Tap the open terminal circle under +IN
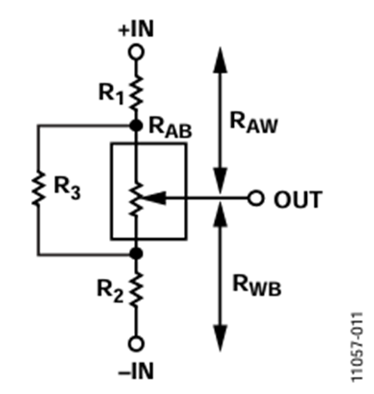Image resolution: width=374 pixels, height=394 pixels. [x=135, y=51]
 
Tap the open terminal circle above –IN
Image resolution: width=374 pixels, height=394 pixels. [x=135, y=345]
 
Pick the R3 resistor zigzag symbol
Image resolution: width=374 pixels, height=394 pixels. [x=38, y=190]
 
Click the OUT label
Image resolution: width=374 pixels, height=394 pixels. [x=297, y=200]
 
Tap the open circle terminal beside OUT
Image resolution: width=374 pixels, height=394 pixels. [x=254, y=199]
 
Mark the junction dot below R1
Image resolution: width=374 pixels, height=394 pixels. [x=135, y=125]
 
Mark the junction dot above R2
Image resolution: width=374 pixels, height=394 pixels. [x=135, y=255]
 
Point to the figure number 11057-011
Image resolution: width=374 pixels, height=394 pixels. [x=358, y=340]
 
